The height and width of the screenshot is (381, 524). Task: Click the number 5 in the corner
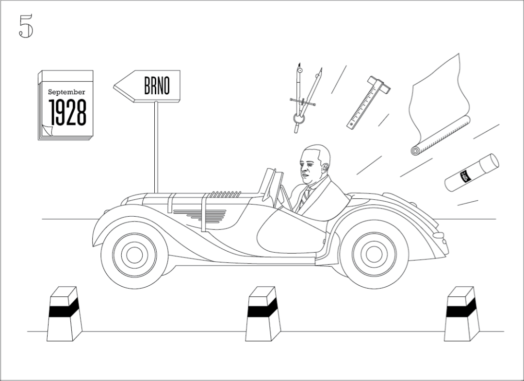pos(26,26)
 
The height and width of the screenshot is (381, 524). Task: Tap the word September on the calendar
pos(66,92)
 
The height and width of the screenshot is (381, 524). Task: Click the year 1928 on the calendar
pos(67,112)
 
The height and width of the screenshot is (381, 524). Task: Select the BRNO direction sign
pos(148,86)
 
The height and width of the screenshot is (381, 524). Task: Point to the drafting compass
pos(304,97)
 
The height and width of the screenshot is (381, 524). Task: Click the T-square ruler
pos(369,102)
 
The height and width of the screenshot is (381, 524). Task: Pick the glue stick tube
pos(472,173)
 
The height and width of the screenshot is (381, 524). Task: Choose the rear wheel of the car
pos(374,253)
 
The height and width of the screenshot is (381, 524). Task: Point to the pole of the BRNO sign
pos(156,146)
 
